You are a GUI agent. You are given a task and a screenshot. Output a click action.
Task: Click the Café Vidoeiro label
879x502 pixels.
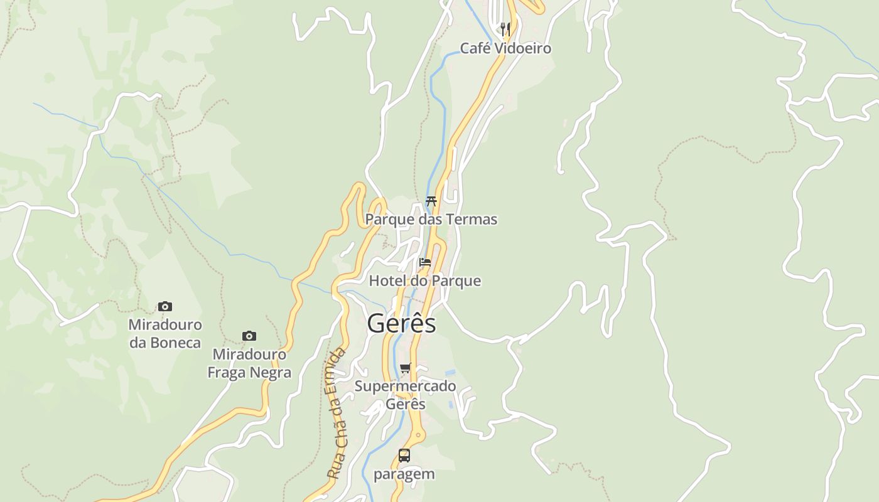point(505,48)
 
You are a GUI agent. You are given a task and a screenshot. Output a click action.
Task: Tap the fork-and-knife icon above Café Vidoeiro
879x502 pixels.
point(505,28)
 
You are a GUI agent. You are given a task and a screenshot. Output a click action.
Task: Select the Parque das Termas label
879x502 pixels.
point(431,219)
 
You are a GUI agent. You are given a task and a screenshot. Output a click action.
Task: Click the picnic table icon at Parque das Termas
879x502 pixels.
point(431,201)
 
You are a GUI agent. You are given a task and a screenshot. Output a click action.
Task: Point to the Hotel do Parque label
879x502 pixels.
point(424,280)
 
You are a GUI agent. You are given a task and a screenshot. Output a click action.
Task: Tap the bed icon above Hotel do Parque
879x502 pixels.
point(425,262)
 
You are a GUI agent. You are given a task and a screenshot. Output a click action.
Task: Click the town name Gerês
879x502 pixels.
point(401,323)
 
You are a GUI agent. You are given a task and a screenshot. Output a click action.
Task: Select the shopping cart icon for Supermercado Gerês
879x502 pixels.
point(405,368)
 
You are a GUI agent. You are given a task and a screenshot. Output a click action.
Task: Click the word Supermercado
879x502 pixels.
point(405,386)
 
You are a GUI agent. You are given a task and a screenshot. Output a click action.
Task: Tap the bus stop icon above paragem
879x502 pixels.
point(404,456)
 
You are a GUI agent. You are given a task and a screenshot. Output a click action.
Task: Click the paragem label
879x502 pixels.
point(404,474)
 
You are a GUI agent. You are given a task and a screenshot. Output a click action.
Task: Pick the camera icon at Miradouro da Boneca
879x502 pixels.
point(165,307)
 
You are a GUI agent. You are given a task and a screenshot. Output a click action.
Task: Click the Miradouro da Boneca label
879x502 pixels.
point(165,334)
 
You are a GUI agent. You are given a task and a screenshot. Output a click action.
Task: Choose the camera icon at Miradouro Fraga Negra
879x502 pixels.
point(249,336)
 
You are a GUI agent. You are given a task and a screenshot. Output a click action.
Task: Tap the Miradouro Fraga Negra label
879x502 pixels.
point(249,363)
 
